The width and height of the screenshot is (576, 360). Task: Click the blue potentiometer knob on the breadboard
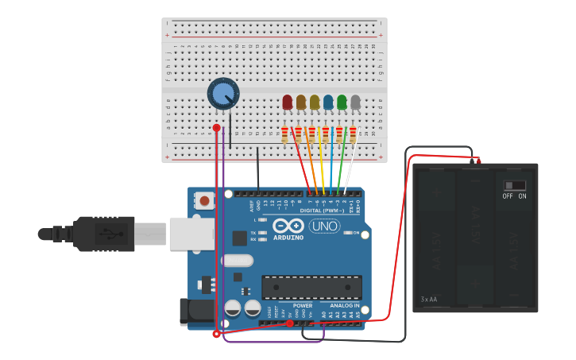click(223, 94)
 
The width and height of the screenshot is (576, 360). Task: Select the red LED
click(288, 102)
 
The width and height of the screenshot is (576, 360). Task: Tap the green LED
click(342, 102)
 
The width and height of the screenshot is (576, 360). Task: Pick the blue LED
click(328, 102)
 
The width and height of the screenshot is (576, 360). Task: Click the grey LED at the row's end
click(355, 102)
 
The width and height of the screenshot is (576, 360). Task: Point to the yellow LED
click(315, 102)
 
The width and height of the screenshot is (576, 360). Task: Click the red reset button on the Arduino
click(204, 200)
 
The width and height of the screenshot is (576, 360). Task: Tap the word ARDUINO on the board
click(288, 237)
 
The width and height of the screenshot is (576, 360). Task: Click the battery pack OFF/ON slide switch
click(515, 185)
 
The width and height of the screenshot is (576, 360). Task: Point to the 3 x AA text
click(429, 300)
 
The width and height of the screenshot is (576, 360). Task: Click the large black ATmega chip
click(311, 287)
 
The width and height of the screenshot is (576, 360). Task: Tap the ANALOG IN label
click(345, 305)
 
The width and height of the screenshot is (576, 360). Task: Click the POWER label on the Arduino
click(303, 305)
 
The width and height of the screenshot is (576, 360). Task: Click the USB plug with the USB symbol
click(103, 234)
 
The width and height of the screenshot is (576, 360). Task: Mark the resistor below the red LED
click(284, 135)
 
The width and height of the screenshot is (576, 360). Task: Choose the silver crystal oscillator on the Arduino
click(237, 260)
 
